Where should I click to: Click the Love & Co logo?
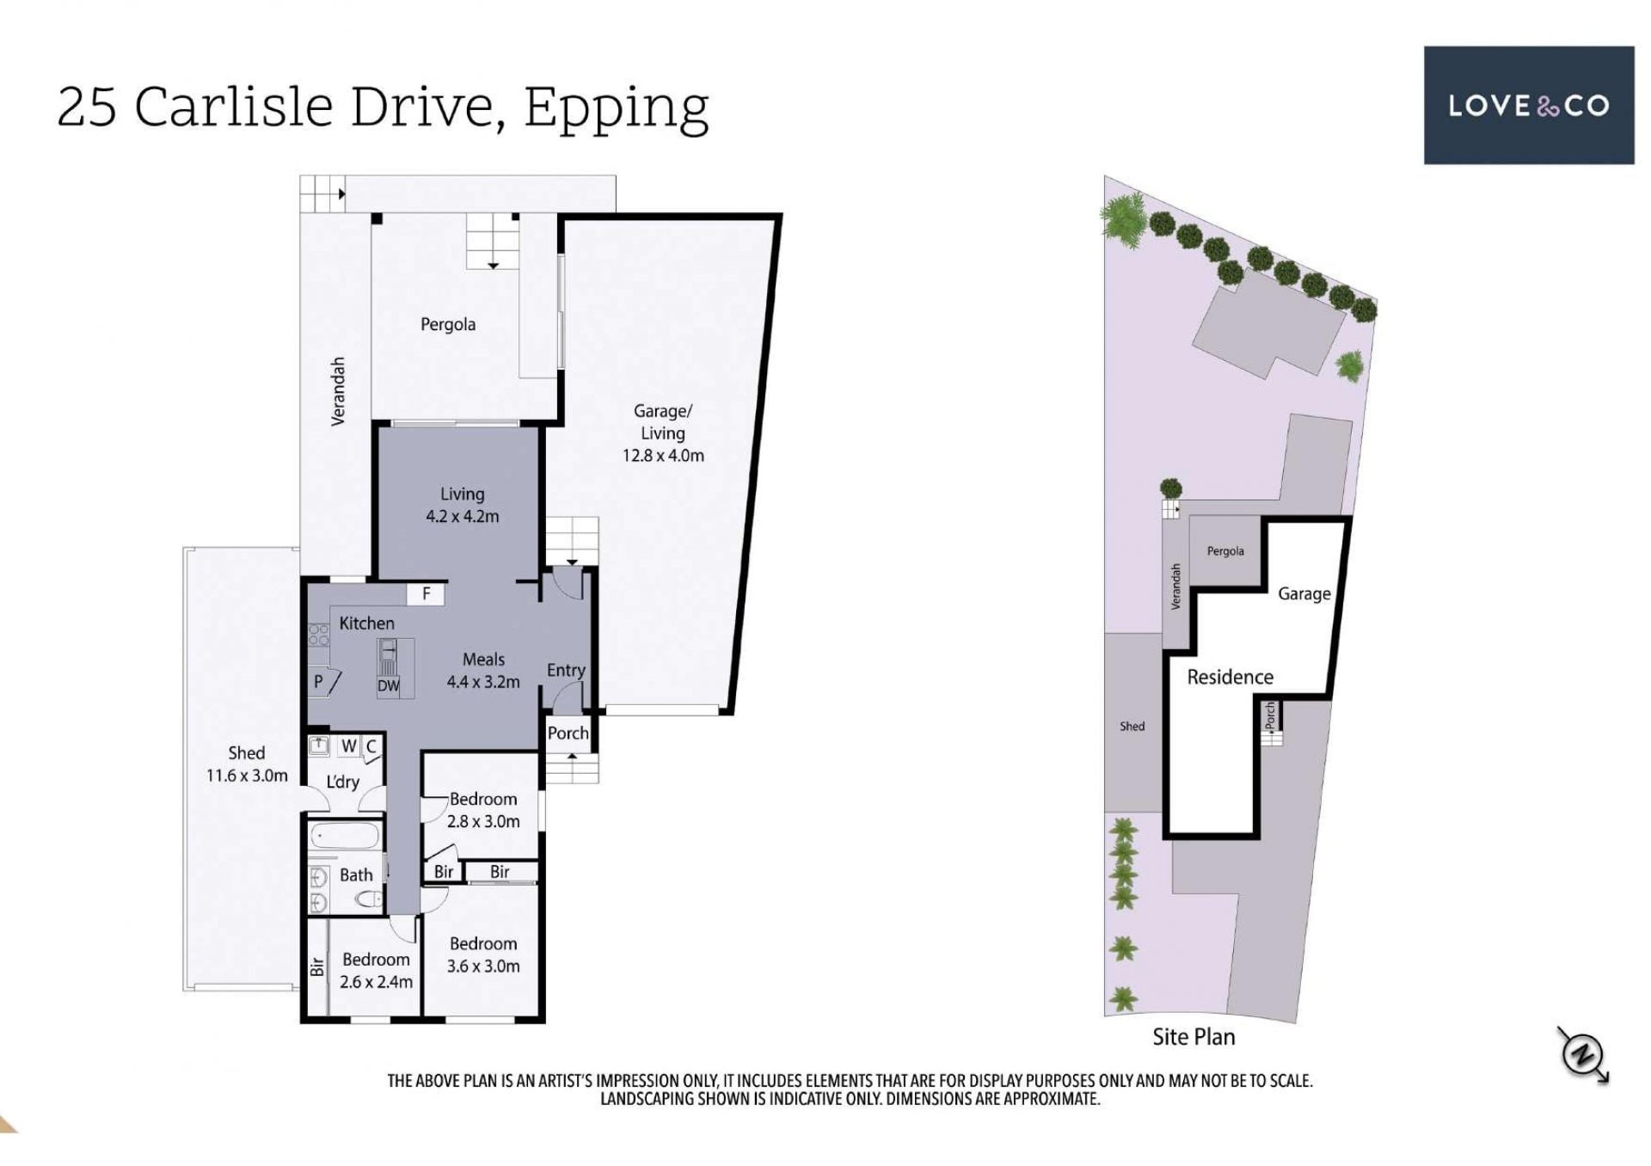tap(1528, 105)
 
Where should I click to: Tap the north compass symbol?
tap(1583, 1053)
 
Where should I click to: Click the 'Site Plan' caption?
tap(1194, 1037)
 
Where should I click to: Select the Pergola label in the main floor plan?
tap(448, 324)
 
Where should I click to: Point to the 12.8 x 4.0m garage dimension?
tap(663, 456)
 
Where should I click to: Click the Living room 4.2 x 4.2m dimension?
tap(463, 517)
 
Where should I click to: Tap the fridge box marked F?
tap(426, 593)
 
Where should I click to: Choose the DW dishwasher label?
tap(388, 686)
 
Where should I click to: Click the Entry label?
tap(566, 670)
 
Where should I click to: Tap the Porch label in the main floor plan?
tap(568, 733)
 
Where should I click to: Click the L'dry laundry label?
tap(342, 782)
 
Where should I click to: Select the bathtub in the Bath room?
tap(344, 837)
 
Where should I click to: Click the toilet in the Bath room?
tap(369, 900)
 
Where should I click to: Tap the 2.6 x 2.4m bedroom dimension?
tap(376, 982)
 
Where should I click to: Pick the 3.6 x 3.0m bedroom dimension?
tap(483, 967)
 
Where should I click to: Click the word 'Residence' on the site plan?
tap(1230, 677)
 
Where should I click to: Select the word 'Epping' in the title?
tap(617, 109)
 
